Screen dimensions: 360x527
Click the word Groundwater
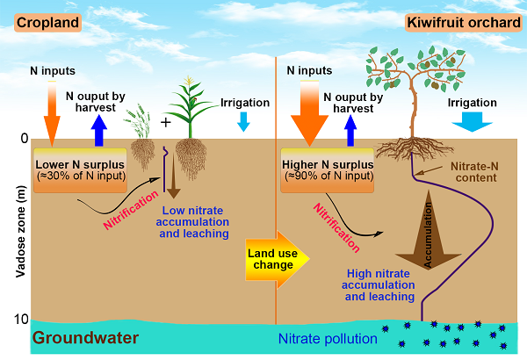click(x=86, y=337)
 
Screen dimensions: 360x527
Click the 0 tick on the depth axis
click(x=23, y=139)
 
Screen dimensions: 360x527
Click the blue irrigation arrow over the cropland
click(x=243, y=122)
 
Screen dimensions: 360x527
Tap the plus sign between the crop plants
click(x=165, y=122)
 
